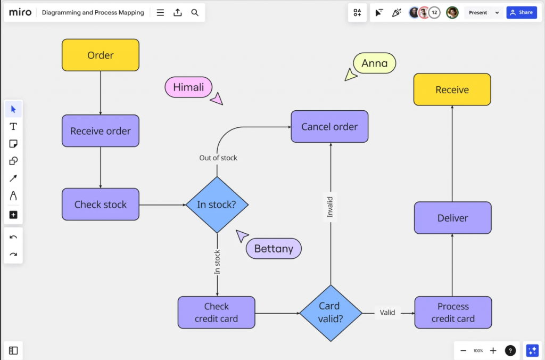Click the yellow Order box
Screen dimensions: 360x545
[100, 55]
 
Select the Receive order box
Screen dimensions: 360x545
[100, 131]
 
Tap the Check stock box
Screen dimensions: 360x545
[100, 204]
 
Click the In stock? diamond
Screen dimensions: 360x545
[217, 204]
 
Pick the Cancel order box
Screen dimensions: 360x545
[329, 127]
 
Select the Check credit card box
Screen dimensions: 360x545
[216, 313]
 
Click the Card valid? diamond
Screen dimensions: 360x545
[331, 313]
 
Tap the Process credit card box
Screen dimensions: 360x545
[453, 313]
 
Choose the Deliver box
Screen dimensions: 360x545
[452, 218]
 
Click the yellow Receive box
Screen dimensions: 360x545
[452, 89]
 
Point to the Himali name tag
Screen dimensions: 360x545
[188, 87]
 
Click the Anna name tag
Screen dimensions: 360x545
[374, 63]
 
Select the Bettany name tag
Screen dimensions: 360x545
[273, 249]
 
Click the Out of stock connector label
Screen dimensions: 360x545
[218, 158]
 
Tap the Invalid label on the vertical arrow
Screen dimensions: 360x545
[330, 207]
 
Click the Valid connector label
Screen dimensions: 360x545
[387, 313]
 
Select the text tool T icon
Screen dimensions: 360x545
[13, 127]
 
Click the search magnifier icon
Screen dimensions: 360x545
[195, 12]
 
